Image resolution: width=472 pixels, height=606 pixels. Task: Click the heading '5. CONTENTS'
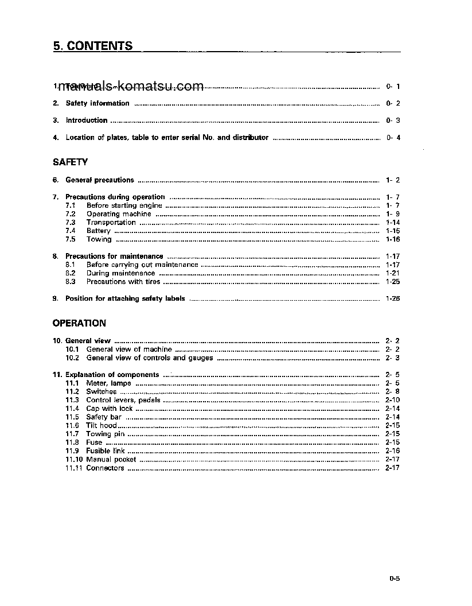(x=93, y=46)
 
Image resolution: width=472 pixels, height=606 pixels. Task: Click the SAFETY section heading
(x=70, y=163)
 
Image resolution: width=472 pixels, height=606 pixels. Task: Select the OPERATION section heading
(x=79, y=324)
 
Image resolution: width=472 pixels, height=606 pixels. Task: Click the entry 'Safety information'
(x=97, y=103)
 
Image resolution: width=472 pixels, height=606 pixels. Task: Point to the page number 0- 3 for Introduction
(x=393, y=121)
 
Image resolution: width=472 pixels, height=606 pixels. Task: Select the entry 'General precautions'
(x=100, y=180)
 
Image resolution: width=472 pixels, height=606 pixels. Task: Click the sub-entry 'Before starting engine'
(x=124, y=205)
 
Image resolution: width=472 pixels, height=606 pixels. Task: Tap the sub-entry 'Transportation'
(x=111, y=223)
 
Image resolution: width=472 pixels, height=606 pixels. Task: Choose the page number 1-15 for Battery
(x=393, y=231)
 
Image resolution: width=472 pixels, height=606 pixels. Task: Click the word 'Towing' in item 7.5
(x=99, y=239)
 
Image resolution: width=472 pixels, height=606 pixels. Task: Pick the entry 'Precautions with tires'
(x=123, y=282)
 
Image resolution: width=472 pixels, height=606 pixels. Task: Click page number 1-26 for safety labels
(x=393, y=299)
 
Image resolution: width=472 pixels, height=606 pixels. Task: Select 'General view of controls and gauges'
(x=149, y=358)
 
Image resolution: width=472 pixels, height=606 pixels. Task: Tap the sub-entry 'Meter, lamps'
(x=108, y=383)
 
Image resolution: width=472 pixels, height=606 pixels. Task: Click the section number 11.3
(x=72, y=400)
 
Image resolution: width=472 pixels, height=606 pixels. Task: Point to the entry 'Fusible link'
(x=106, y=451)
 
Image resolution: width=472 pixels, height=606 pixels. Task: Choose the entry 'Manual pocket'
(x=111, y=460)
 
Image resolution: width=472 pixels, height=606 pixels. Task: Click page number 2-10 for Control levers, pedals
(x=393, y=400)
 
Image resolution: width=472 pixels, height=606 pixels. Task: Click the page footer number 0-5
(x=394, y=579)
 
